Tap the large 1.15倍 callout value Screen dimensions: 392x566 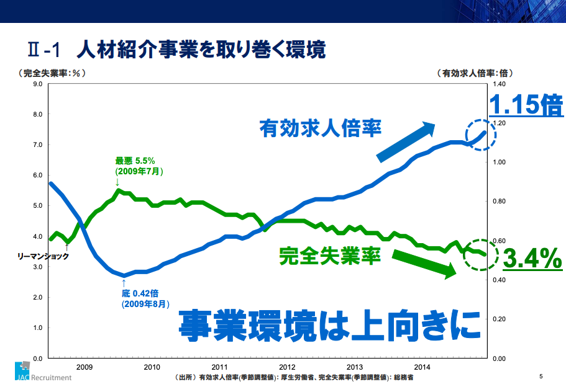tap(526, 105)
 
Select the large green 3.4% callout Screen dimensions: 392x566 tap(532, 259)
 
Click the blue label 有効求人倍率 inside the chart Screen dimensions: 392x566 tap(321, 129)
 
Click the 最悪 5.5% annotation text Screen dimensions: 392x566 tap(135, 165)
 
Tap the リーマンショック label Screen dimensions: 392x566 tap(43, 256)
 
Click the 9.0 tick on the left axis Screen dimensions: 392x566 tap(37, 84)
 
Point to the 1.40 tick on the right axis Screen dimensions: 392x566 tap(500, 84)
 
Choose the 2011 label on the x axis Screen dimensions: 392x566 tap(219, 367)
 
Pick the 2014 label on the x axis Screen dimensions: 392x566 tap(422, 367)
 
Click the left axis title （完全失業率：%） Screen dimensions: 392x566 tap(52, 73)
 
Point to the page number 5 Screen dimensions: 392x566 tap(541, 376)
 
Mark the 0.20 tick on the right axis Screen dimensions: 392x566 tap(500, 319)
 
